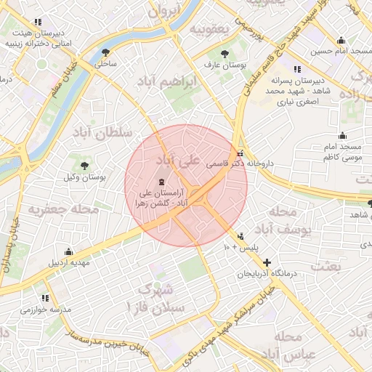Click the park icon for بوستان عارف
point(223,52)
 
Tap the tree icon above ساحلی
point(107,52)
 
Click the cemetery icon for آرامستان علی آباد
point(161,182)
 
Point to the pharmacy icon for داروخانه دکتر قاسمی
point(240,153)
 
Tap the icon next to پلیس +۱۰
point(240,235)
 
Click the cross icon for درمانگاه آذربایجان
point(267,262)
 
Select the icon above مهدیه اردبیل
point(70,249)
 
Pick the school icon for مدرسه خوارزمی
point(45,298)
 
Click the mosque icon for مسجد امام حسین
point(341,40)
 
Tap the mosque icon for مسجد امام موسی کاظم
point(342,135)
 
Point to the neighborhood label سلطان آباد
point(100,133)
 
